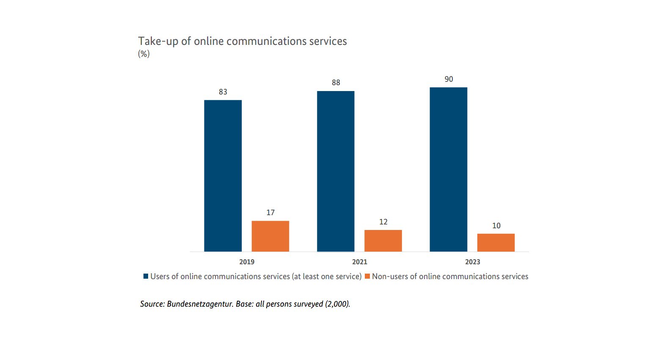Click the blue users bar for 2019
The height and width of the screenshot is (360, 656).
[x=223, y=176]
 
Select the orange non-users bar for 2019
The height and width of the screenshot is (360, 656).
[x=270, y=236]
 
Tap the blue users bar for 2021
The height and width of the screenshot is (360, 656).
[x=336, y=172]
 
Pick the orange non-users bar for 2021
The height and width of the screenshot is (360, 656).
[x=383, y=241]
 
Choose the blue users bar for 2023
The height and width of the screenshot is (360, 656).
[x=448, y=169]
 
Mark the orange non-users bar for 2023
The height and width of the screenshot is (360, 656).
[x=496, y=243]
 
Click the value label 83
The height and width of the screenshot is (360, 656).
[x=223, y=92]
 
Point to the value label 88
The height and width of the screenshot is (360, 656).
[x=336, y=83]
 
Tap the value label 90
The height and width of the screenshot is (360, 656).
[x=449, y=79]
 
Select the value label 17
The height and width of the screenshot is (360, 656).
[x=270, y=213]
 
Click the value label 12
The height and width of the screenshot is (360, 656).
[x=383, y=222]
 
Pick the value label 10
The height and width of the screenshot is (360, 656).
[x=496, y=226]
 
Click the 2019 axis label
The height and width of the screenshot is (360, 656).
[x=247, y=262]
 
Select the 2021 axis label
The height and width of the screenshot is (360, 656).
[x=360, y=262]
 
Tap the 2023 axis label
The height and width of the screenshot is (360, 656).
[x=473, y=262]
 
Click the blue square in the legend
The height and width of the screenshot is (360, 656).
[x=146, y=276]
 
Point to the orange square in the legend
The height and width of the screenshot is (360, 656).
[x=367, y=276]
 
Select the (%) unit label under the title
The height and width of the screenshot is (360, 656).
[x=144, y=54]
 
